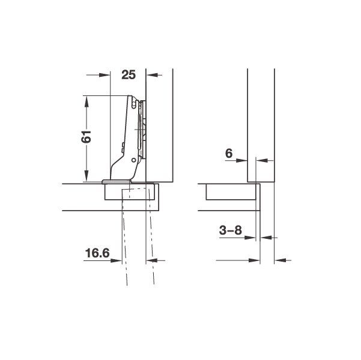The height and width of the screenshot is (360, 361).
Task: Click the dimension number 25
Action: tap(129, 75)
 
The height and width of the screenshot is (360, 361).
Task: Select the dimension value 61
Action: tap(86, 137)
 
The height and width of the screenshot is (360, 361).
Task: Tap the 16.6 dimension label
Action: tap(97, 253)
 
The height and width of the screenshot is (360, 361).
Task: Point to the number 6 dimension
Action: tap(229, 154)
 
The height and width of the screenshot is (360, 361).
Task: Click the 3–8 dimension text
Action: tap(231, 230)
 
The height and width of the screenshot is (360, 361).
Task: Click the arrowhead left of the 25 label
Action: tap(105, 75)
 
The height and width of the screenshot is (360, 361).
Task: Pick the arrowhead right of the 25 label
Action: tap(152, 75)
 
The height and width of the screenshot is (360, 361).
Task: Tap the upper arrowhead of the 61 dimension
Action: tap(86, 101)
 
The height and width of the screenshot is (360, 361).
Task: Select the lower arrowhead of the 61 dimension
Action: tap(86, 176)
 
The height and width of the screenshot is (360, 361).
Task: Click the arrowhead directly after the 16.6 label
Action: tap(116, 260)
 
